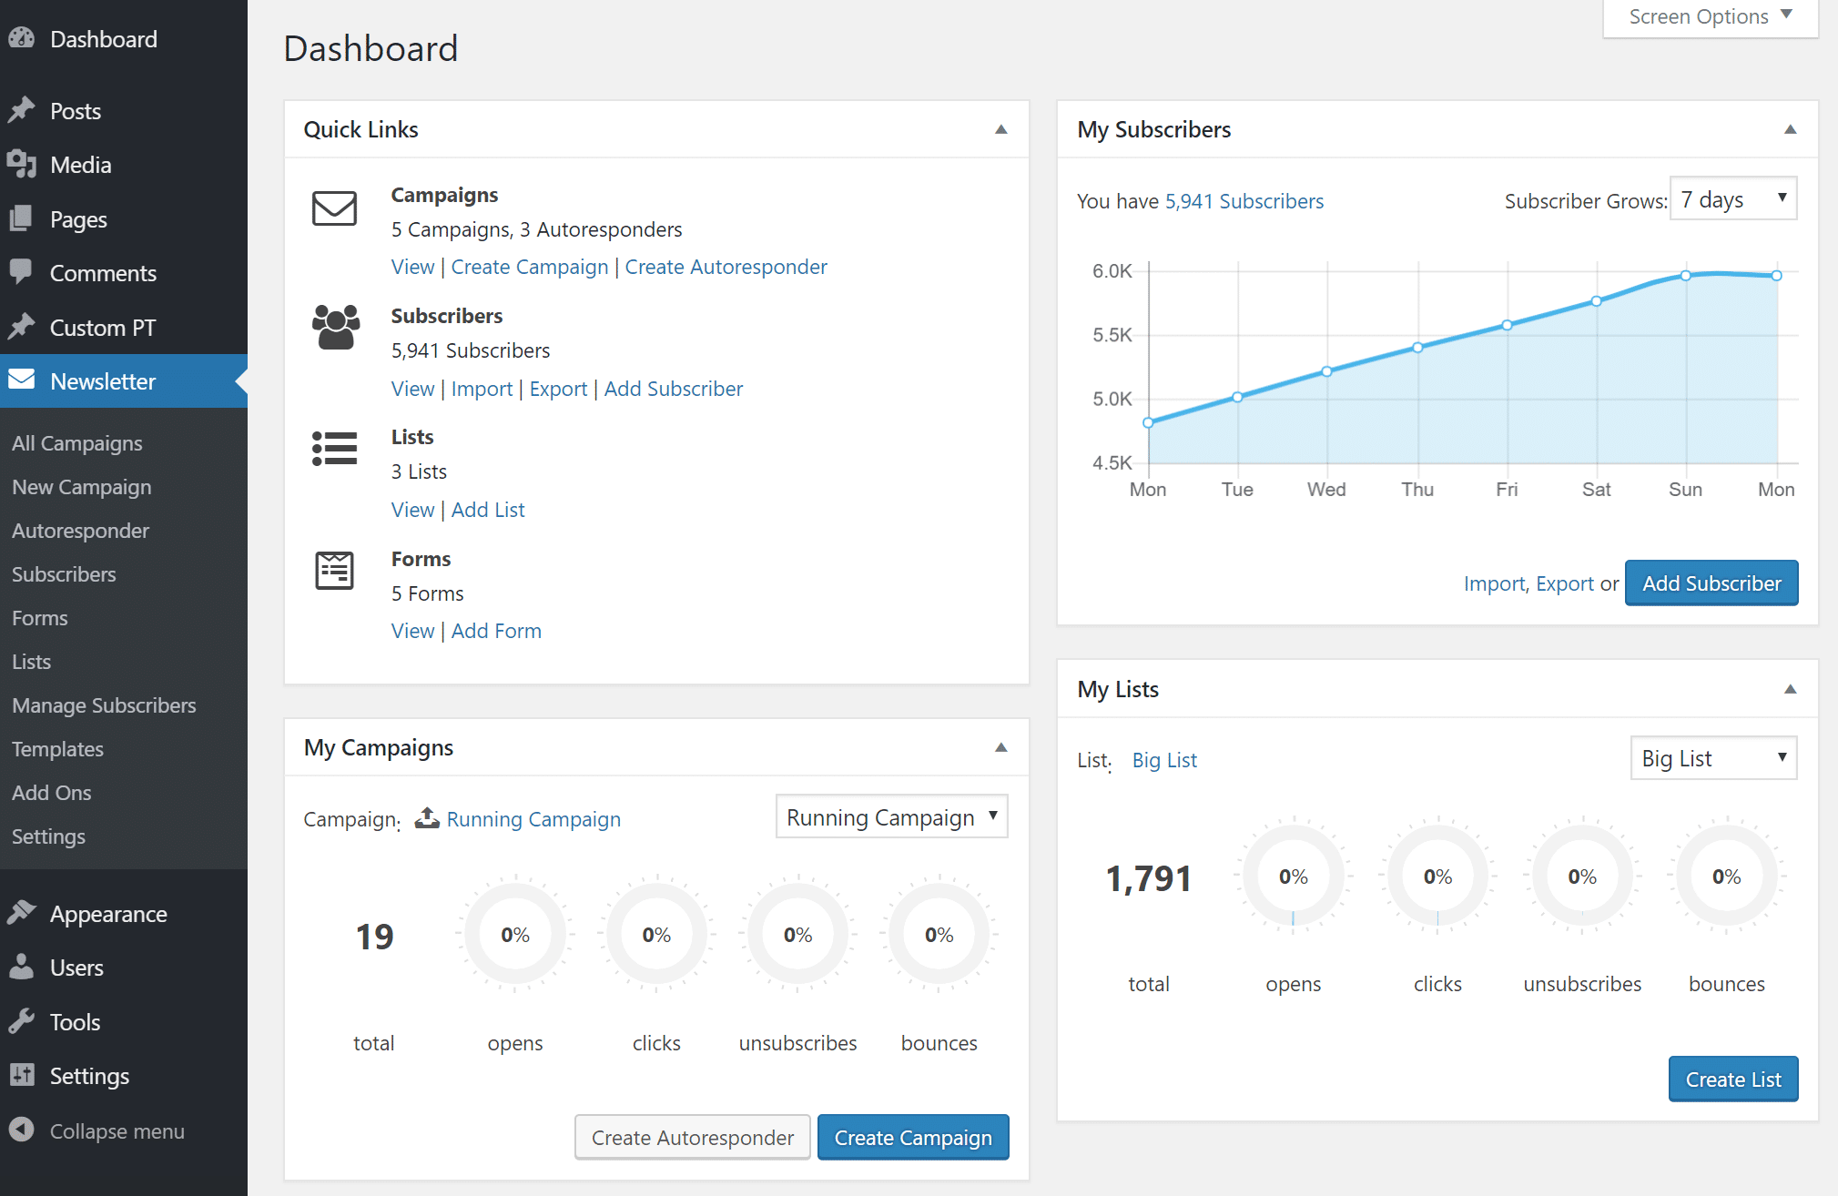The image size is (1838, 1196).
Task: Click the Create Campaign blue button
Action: pos(912,1138)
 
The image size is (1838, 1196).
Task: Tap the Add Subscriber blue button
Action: pos(1711,583)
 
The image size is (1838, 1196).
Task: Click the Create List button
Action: pos(1732,1079)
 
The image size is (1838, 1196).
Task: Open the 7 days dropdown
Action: pos(1732,199)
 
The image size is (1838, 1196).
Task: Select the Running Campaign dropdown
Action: pos(890,817)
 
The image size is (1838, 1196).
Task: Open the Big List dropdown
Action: pos(1712,758)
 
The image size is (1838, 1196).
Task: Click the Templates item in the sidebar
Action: pos(57,749)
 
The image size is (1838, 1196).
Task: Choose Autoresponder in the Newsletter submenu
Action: pos(80,531)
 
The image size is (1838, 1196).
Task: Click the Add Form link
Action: pos(496,631)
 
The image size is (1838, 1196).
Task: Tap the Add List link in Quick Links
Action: pos(488,510)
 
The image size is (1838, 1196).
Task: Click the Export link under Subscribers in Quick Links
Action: pos(558,389)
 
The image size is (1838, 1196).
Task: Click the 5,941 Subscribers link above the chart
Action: pos(1244,201)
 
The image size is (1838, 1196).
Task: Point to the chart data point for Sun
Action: pos(1686,275)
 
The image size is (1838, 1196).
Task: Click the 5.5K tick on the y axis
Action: pos(1112,335)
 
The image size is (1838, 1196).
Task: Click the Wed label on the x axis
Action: pos(1326,490)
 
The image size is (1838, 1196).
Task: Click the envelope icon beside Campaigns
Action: pos(334,208)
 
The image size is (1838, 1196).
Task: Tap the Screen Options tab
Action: pos(1709,17)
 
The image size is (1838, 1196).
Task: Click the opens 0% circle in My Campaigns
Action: pos(514,935)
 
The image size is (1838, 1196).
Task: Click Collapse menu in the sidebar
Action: pos(117,1131)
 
